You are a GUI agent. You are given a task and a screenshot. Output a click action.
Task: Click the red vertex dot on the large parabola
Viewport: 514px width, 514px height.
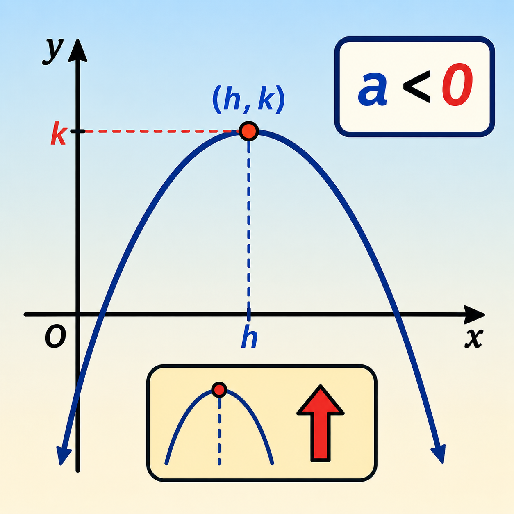pyautogui.click(x=249, y=131)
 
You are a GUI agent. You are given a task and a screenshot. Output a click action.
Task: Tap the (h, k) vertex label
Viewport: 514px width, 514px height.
pyautogui.click(x=249, y=100)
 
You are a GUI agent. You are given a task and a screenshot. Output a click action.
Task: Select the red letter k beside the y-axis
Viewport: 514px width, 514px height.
pyautogui.click(x=59, y=133)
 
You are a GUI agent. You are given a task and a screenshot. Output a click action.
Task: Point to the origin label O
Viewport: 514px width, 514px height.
pyautogui.click(x=55, y=337)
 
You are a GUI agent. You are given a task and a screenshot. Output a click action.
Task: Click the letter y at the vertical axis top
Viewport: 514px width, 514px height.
pyautogui.click(x=53, y=52)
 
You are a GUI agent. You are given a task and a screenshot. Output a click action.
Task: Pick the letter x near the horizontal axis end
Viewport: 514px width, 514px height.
pyautogui.click(x=474, y=338)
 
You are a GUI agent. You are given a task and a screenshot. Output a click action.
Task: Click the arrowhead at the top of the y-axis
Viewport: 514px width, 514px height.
pyautogui.click(x=77, y=51)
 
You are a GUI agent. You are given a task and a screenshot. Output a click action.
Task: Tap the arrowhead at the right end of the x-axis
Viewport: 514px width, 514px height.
pyautogui.click(x=474, y=315)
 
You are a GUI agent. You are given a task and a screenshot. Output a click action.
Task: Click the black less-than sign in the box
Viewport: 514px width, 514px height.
pyautogui.click(x=416, y=87)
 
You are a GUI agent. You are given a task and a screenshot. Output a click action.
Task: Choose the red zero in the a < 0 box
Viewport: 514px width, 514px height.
pyautogui.click(x=457, y=84)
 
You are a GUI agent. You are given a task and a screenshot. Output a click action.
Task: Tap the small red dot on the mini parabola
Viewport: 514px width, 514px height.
pyautogui.click(x=219, y=390)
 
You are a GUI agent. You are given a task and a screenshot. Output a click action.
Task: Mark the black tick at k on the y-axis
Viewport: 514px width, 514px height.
pyautogui.click(x=80, y=131)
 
